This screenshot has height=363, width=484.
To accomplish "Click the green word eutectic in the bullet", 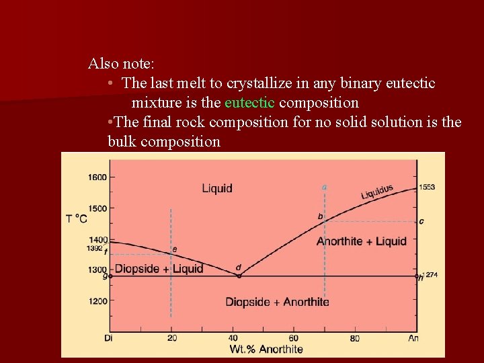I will coord(249,103).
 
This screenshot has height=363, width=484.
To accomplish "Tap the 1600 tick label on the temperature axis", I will coord(97,177).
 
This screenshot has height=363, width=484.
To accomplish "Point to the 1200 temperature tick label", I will coord(97,301).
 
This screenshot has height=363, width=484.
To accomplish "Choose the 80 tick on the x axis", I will coord(355,338).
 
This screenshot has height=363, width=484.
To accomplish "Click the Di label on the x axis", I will coord(109,338).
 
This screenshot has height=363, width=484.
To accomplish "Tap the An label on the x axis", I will coord(413,338).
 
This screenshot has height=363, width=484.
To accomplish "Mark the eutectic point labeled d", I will coord(239,275).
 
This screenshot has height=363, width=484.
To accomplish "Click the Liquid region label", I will coord(217,188).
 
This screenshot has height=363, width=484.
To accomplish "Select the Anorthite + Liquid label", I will coord(362,241).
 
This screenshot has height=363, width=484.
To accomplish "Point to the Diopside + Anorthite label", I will coord(277,302).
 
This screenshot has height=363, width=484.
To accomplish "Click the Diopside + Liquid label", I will coord(159,269).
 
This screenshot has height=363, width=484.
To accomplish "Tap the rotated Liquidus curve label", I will coord(377,192).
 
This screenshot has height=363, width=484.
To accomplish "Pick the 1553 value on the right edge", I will coord(426,187).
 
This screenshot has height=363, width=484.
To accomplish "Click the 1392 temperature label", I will coord(94,248).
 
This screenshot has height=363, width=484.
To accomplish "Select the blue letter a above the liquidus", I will coord(325,186).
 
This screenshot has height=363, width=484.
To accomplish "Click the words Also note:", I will coord(122,64).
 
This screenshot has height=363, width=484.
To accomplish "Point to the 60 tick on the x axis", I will coord(294,338).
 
